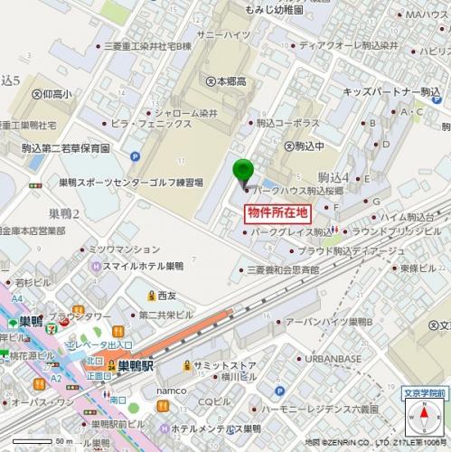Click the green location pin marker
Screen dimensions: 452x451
[x=243, y=171]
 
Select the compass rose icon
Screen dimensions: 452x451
[x=424, y=419]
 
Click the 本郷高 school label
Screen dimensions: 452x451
[x=231, y=80]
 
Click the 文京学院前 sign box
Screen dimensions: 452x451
[x=423, y=393]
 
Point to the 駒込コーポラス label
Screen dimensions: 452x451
[x=287, y=120]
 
